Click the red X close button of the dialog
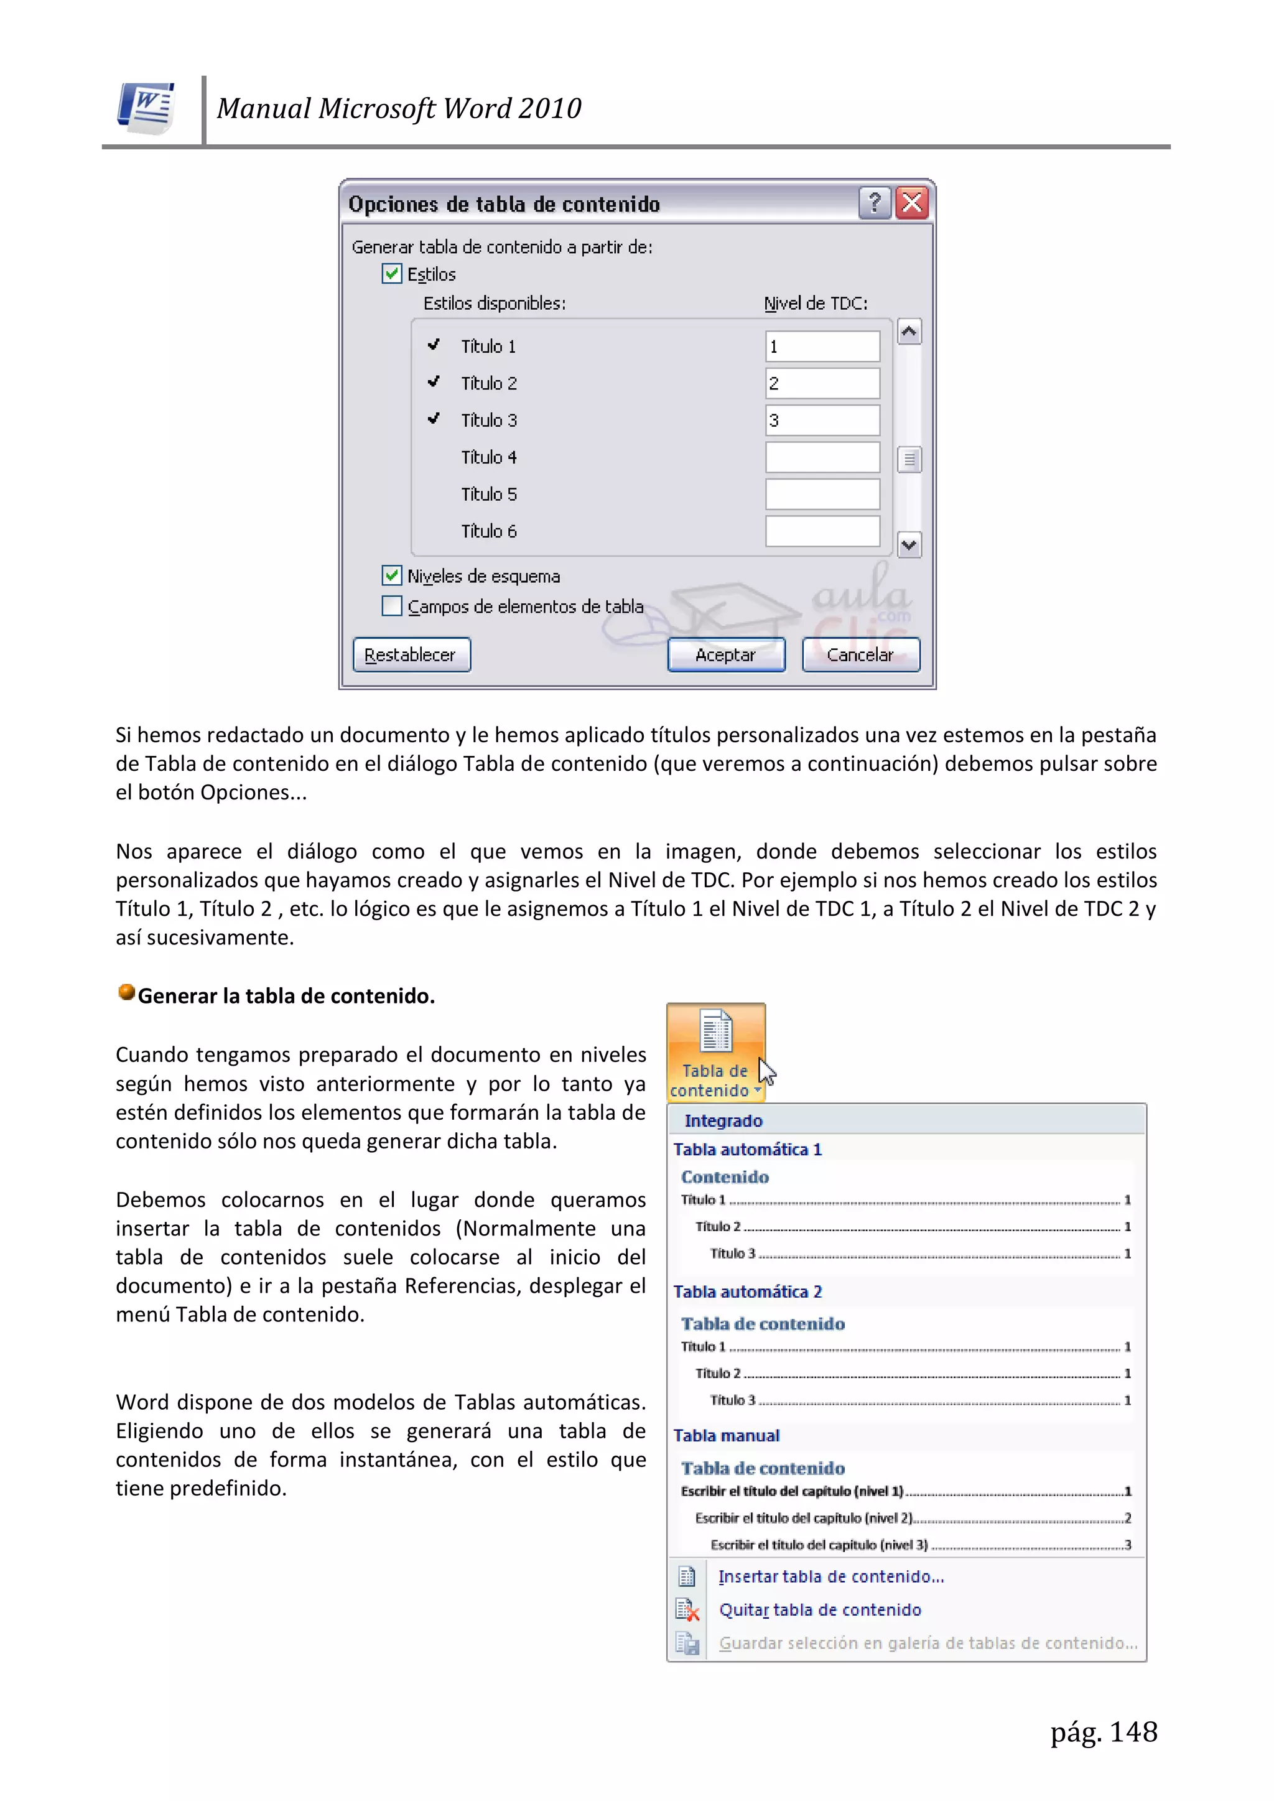pos(911,203)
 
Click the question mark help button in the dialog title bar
pos(875,203)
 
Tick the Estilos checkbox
pos(391,274)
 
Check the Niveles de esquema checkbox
pos(391,575)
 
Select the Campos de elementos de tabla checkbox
pos(391,607)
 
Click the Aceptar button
pos(726,655)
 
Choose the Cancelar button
pos(860,655)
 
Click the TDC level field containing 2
pos(822,384)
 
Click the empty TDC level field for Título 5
pos(822,494)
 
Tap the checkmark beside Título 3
pos(433,419)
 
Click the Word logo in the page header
pos(147,108)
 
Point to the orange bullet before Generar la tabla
pos(126,993)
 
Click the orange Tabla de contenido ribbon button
pos(715,1052)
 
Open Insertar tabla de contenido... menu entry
pos(830,1576)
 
